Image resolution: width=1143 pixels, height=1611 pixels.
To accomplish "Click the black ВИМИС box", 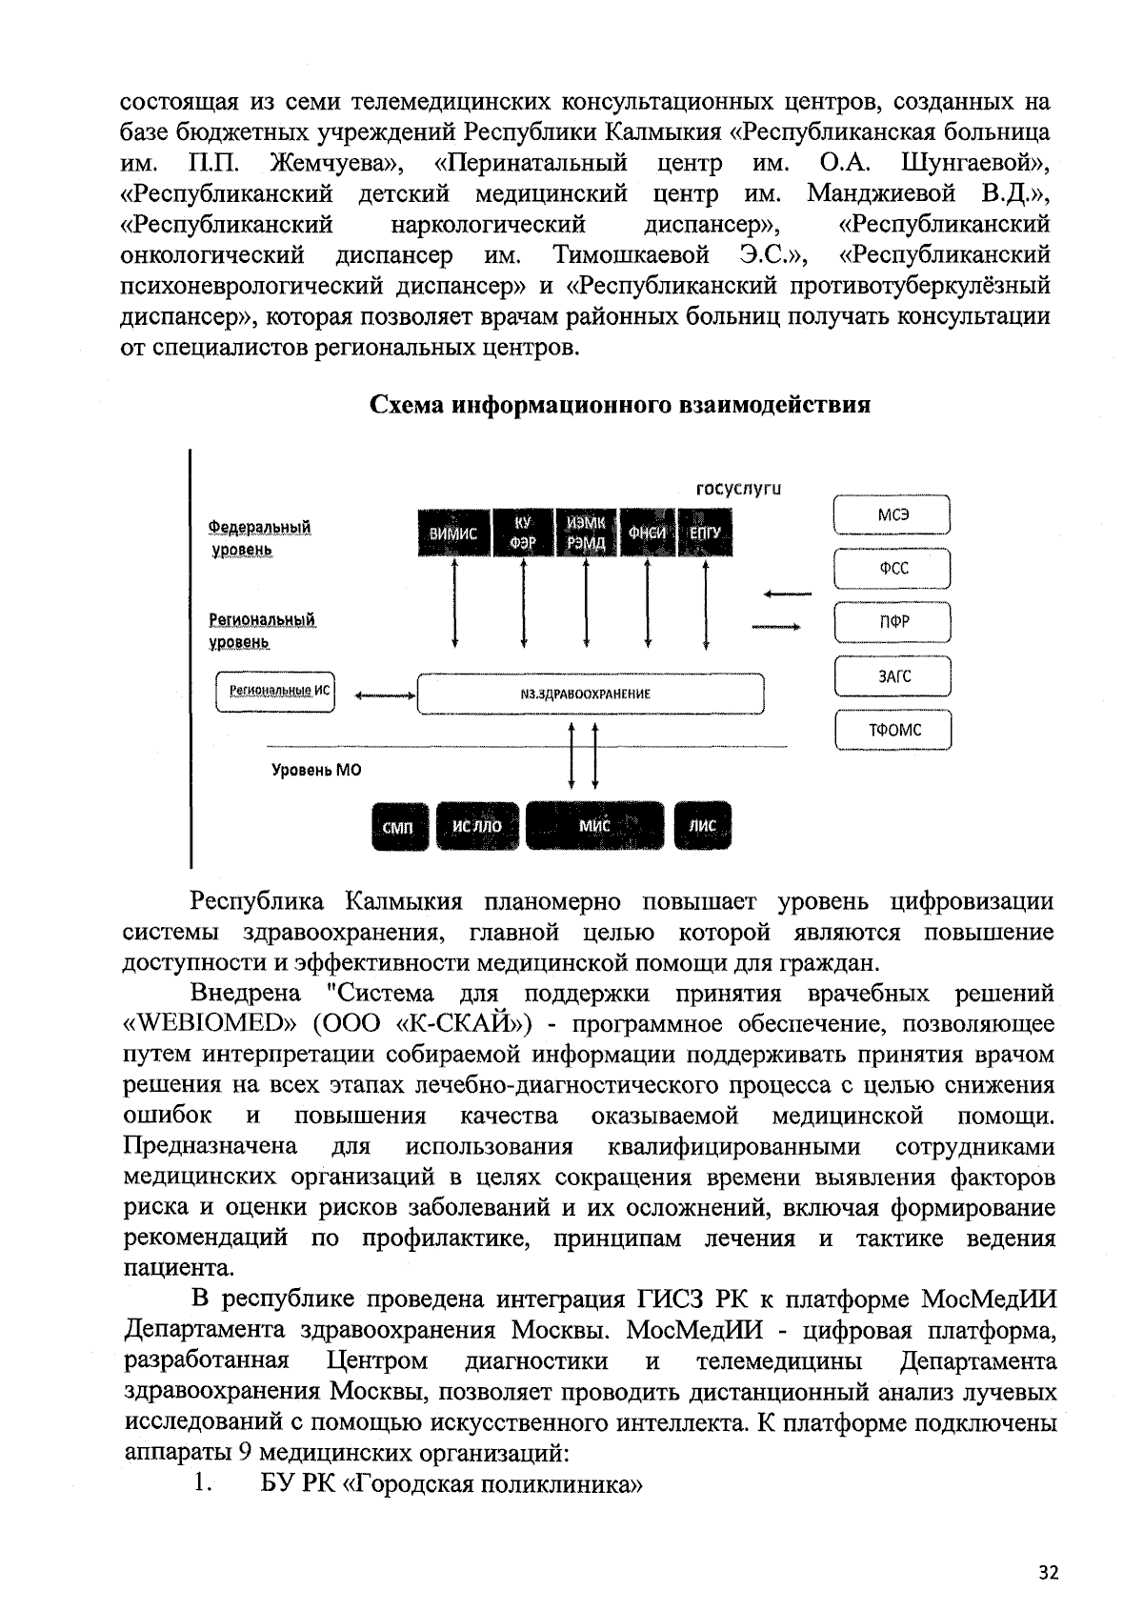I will coord(453,534).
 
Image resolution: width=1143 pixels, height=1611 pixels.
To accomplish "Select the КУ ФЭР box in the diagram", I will coord(522,534).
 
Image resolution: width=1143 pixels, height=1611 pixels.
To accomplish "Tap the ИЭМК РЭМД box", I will coord(585,534).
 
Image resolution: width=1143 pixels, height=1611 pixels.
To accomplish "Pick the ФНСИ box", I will coord(647,534).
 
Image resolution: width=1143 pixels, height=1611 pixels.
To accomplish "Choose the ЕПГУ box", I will coord(706,534).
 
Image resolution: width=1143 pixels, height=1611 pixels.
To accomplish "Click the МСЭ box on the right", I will coord(892,515).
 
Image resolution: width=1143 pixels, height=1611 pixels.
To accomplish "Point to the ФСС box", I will coord(892,570).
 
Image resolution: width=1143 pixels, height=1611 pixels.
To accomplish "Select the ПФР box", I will coord(892,623).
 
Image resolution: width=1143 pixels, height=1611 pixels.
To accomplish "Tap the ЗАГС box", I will coord(892,676).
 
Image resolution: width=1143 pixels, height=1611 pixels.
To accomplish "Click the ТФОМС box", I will coord(892,731).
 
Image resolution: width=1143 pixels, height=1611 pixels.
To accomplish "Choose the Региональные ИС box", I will coord(275,693).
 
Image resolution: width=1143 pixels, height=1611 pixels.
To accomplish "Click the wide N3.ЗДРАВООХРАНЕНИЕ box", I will coord(592,694).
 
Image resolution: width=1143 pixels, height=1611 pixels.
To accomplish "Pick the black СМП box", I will coord(399,827).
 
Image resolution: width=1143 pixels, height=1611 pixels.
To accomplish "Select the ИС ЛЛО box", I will coord(477,826).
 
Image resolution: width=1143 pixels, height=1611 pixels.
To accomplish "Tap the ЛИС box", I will coord(703,826).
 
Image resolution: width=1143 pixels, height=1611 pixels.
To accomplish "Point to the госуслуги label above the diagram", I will coord(739,490).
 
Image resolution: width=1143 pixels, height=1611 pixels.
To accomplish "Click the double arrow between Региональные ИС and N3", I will coord(384,695).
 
